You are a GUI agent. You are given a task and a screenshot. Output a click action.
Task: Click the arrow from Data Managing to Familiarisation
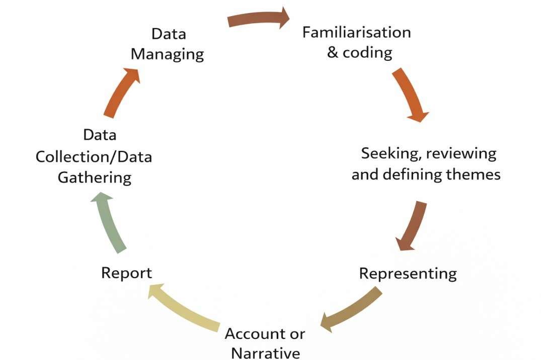point(258,19)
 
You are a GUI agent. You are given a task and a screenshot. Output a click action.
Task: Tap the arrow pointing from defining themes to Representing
point(412,226)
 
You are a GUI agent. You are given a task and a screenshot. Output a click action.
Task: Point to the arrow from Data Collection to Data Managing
point(121,93)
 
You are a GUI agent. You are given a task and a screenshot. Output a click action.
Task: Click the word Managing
point(168,54)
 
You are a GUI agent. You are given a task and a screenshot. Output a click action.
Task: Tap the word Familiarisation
point(356,32)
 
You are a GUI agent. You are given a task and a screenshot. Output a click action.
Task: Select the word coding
point(367,52)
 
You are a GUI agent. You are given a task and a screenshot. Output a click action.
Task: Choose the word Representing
point(408,274)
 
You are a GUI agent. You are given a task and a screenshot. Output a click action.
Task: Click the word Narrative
point(265,352)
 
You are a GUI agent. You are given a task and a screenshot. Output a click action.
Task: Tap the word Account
point(251,333)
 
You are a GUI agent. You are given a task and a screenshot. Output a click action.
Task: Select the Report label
point(126,273)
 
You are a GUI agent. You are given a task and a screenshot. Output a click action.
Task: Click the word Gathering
point(95,177)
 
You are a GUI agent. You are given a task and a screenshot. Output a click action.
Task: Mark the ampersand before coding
point(333,52)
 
